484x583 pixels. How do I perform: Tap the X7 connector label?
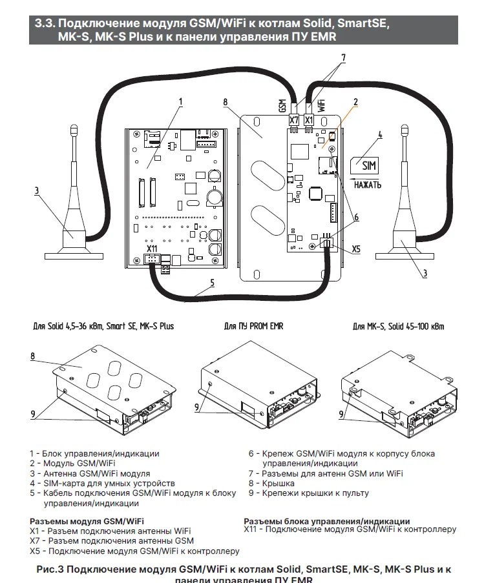(294, 120)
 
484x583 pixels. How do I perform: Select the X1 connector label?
(309, 120)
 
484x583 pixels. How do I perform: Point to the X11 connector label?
(153, 249)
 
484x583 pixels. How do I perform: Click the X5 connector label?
(357, 248)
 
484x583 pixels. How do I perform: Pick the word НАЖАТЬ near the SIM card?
(368, 185)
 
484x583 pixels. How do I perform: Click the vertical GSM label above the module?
(282, 105)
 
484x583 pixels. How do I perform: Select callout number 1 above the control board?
(180, 101)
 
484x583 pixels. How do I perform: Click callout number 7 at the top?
(343, 57)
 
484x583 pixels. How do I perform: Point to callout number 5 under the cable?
(211, 283)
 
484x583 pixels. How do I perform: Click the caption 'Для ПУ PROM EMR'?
(253, 326)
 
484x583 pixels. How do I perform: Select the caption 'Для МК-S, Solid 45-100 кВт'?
(398, 326)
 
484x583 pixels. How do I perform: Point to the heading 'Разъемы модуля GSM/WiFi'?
(87, 521)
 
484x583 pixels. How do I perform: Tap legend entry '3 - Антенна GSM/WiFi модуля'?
(90, 473)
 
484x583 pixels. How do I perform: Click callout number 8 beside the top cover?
(225, 102)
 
